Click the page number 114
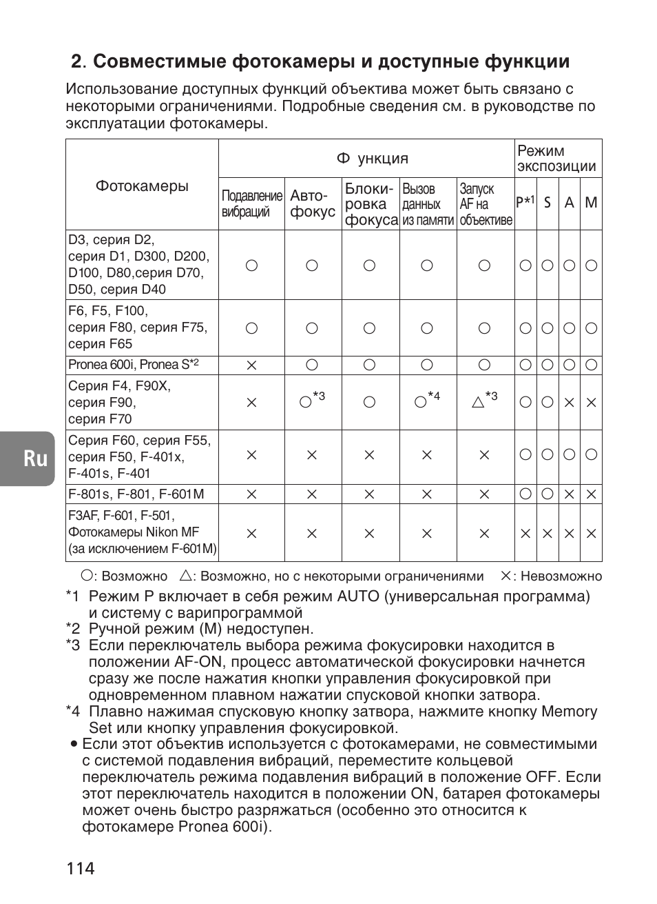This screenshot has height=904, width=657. (x=81, y=867)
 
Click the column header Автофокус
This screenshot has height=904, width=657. (x=313, y=204)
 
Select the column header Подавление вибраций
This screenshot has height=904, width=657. (x=251, y=204)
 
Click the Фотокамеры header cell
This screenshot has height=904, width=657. (x=142, y=186)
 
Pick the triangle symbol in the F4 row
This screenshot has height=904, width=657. (x=478, y=402)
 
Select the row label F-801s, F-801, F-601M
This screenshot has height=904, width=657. (x=136, y=494)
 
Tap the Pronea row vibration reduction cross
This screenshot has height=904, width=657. (x=251, y=365)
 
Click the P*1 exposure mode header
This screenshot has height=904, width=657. (x=525, y=202)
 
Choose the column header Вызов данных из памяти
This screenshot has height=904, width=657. (x=428, y=204)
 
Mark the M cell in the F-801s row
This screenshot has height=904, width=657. (x=591, y=494)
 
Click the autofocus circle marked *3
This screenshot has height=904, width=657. (x=306, y=402)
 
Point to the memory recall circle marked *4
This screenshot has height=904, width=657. (x=421, y=402)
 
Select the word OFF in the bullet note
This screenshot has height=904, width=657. (x=542, y=777)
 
